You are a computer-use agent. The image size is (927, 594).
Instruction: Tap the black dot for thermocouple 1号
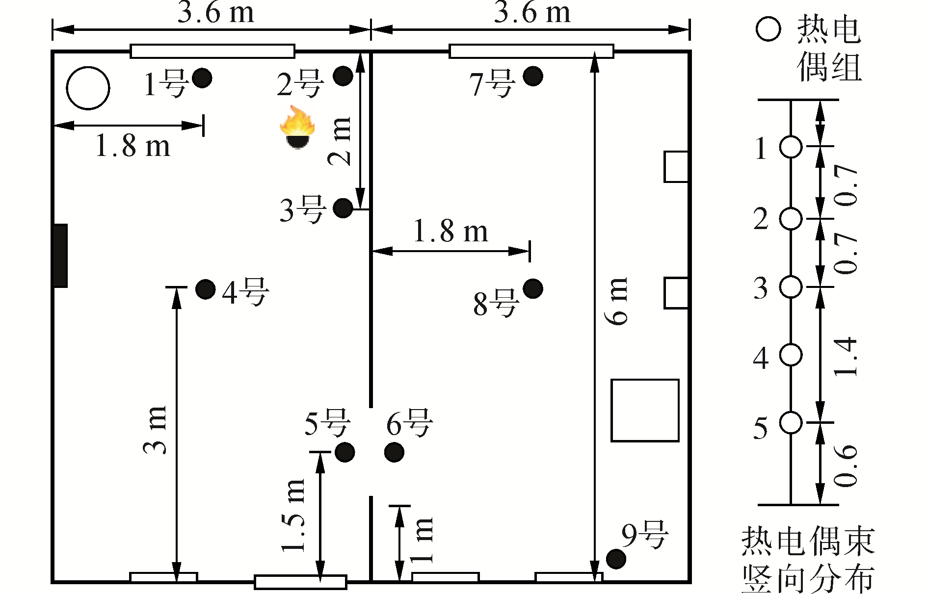click(x=202, y=77)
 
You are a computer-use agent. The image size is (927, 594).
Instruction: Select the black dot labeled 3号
click(x=343, y=208)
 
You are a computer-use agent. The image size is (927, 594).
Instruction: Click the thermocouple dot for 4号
click(x=205, y=289)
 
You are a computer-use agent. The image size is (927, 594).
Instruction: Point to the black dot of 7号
click(x=532, y=76)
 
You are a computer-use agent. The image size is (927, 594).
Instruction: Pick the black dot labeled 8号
click(x=532, y=288)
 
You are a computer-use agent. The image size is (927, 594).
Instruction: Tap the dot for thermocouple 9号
click(x=616, y=559)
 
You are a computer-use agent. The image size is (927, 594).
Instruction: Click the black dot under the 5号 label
click(x=344, y=452)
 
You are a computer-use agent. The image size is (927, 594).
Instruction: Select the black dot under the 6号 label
click(x=394, y=452)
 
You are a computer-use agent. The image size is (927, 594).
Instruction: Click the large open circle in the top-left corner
click(x=88, y=88)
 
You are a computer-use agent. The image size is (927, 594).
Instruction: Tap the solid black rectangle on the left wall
click(x=60, y=256)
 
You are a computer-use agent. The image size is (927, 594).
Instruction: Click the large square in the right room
click(x=645, y=410)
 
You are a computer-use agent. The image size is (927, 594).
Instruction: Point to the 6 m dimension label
click(x=617, y=301)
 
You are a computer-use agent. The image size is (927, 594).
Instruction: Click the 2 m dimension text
click(x=340, y=141)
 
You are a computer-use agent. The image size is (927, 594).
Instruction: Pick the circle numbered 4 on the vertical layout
click(x=791, y=355)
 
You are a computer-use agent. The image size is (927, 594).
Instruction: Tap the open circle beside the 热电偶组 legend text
click(x=768, y=29)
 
